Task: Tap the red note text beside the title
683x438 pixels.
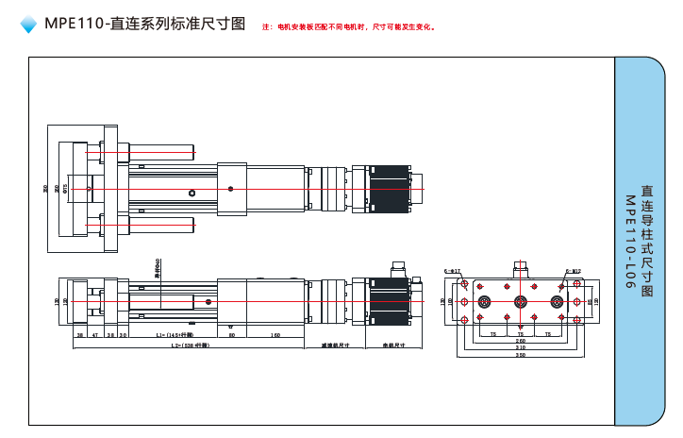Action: click(348, 26)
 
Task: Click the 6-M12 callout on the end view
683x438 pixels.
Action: click(573, 270)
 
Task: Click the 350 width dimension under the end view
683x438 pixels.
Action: click(520, 355)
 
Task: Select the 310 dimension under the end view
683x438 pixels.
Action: click(520, 347)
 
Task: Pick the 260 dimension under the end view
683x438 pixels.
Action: click(520, 341)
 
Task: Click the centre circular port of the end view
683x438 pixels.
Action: click(520, 302)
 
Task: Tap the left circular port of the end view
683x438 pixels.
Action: click(484, 302)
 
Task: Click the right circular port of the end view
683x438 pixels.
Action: click(556, 302)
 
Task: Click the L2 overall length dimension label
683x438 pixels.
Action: click(189, 345)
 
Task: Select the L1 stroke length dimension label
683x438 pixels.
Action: click(174, 335)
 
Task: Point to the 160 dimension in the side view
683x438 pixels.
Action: click(275, 335)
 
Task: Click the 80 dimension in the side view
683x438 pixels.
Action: click(232, 335)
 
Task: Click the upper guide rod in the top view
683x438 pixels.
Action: click(160, 149)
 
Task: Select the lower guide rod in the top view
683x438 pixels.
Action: click(160, 224)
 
